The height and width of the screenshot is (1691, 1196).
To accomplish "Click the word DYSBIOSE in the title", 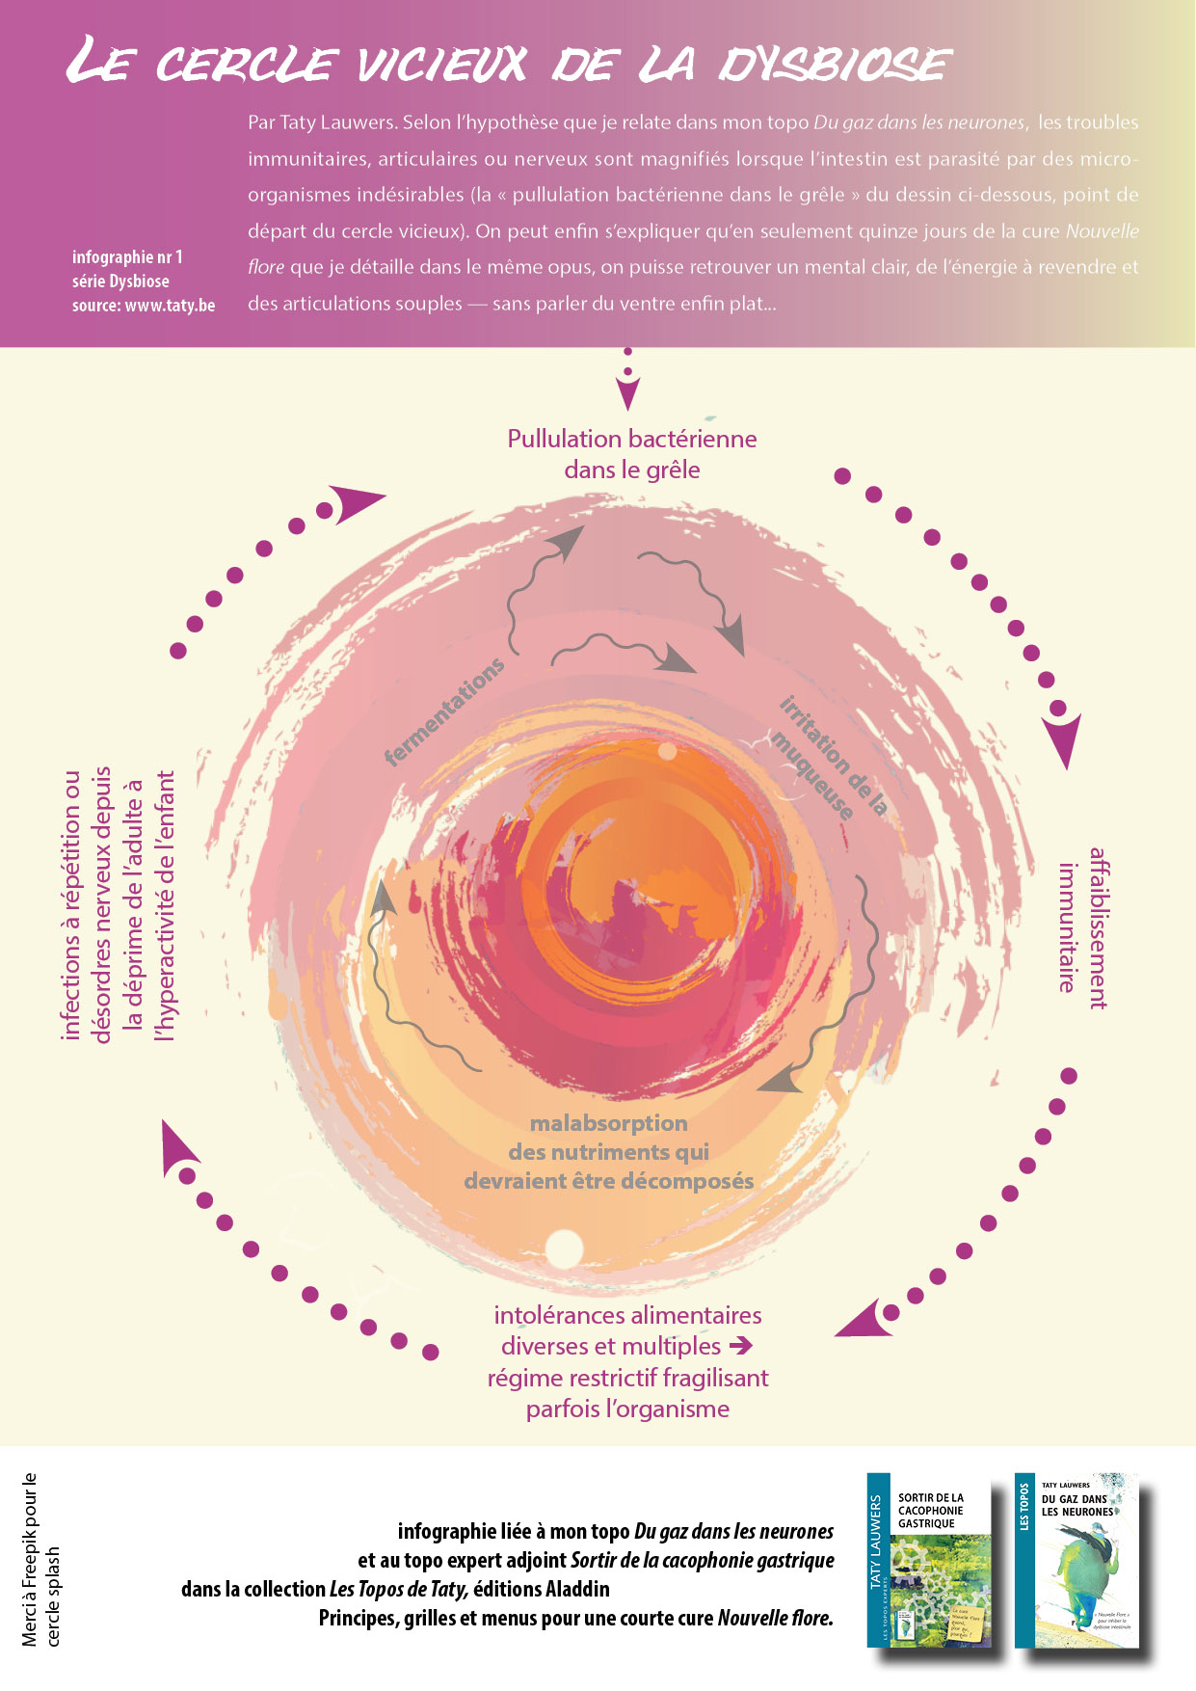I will click(x=835, y=65).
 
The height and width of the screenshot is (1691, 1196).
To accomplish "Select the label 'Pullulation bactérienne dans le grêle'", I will click(x=632, y=454).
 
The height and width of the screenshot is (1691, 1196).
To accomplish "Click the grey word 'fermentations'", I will click(x=444, y=711).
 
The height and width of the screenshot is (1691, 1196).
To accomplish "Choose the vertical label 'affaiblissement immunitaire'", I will click(x=1082, y=927).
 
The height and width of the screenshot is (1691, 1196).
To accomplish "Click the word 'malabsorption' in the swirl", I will click(x=609, y=1123).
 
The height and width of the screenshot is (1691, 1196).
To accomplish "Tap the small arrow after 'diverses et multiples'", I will click(x=740, y=1345).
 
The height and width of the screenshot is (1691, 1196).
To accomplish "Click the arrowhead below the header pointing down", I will click(x=627, y=395).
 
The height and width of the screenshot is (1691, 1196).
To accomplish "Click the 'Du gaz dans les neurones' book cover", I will click(x=1076, y=1559).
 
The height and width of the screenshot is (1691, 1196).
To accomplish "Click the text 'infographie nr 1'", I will click(x=127, y=257).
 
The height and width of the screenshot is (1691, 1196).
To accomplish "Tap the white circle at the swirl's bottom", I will click(x=564, y=1248).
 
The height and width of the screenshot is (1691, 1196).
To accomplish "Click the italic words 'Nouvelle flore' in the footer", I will click(x=775, y=1618).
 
